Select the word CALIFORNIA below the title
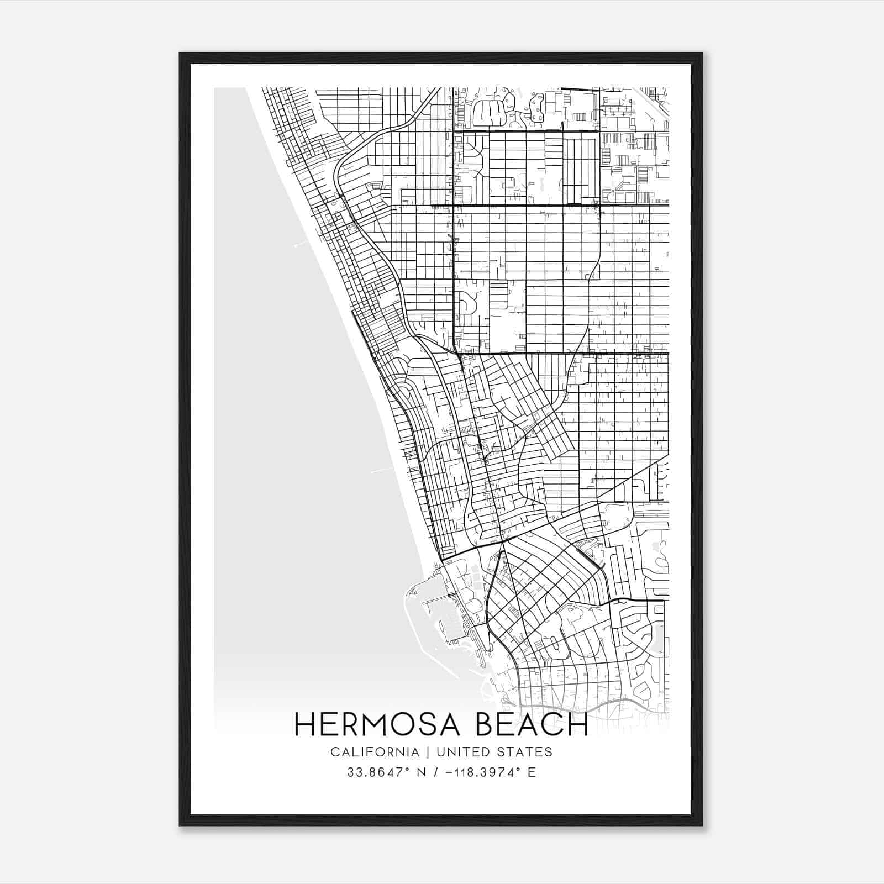(375, 752)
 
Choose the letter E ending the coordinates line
(532, 772)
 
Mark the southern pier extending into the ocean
(382, 470)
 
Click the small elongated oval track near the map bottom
(554, 644)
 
